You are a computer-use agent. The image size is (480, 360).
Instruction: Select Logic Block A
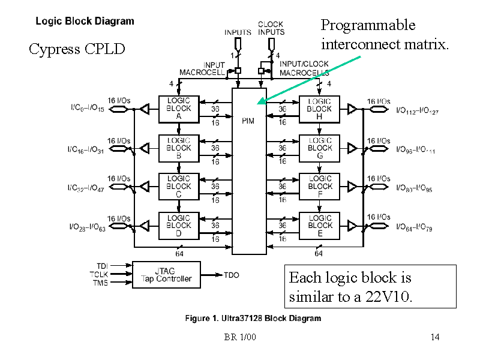179,109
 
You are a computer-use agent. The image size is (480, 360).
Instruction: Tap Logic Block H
319,109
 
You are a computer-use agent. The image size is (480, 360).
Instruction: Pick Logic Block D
179,225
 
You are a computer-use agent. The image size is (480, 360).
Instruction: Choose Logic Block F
319,186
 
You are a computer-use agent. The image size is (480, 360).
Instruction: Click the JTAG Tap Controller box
166,274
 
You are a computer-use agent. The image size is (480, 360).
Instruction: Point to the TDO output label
232,275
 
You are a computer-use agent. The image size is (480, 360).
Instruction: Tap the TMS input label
100,283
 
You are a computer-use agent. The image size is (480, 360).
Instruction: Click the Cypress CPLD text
77,49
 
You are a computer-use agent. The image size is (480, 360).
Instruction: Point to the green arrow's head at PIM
259,104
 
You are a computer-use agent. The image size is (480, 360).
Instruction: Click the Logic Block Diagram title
85,21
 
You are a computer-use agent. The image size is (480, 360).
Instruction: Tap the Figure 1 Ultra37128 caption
252,318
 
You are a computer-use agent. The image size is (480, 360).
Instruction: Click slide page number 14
435,337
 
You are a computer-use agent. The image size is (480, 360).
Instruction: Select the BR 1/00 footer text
240,337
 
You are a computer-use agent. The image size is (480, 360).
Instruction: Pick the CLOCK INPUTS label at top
271,28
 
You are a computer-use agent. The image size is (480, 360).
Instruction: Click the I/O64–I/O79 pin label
415,229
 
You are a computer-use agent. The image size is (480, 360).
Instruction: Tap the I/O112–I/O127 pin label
417,111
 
